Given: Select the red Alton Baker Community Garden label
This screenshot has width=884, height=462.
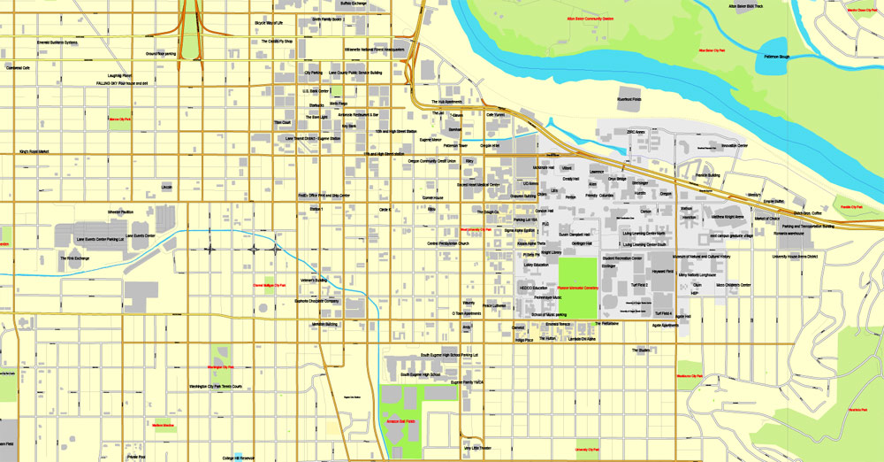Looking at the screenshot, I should [590, 18].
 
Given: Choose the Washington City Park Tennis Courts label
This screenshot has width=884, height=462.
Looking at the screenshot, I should [215, 387].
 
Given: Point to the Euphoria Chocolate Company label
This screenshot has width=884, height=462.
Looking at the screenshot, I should [317, 301].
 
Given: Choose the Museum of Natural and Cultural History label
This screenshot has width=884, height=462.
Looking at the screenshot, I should [701, 257].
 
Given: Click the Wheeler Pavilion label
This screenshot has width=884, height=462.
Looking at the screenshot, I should [120, 212].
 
